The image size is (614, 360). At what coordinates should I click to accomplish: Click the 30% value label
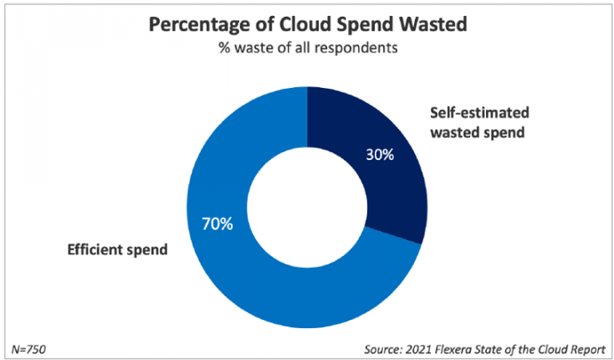[380, 154]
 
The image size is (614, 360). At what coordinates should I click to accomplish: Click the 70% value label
[216, 223]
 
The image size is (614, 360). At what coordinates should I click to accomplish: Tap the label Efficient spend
[117, 250]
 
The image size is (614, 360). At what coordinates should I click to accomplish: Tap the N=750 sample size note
[30, 349]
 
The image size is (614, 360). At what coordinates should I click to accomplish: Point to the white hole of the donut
[308, 207]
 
